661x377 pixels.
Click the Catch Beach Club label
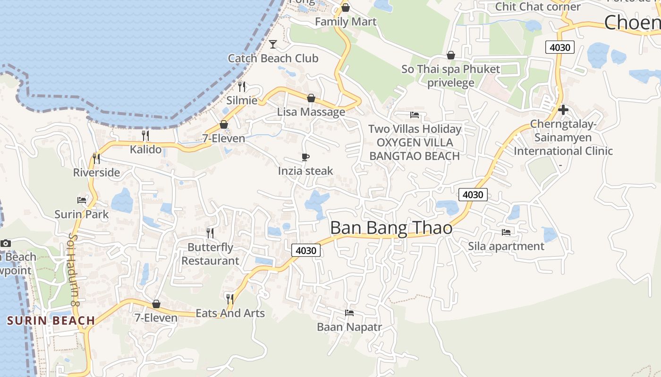point(273,58)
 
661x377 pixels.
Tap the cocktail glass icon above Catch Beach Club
point(273,44)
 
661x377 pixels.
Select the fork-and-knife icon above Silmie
point(242,86)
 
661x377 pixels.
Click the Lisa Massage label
point(311,112)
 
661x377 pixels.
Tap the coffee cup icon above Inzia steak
point(305,157)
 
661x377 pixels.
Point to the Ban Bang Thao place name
point(391,228)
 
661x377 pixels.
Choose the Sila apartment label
point(506,246)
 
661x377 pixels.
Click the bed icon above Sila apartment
point(506,232)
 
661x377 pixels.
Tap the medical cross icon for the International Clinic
point(563,110)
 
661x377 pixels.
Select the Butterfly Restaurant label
point(210,254)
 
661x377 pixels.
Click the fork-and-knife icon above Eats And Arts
point(229,299)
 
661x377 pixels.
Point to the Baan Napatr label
point(349,327)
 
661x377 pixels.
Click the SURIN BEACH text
point(51,321)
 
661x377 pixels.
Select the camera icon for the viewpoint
point(6,243)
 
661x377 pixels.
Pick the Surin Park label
point(82,214)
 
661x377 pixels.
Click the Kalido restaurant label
point(145,150)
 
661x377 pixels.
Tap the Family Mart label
point(346,22)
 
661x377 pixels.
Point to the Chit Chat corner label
point(537,7)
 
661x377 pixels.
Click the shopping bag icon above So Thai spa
point(451,55)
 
